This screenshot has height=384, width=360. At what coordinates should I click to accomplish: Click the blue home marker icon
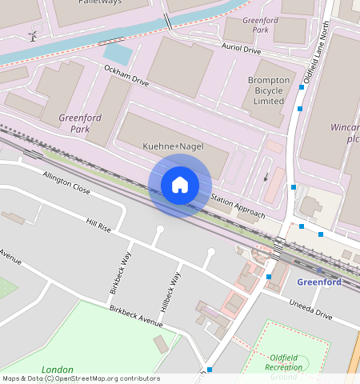tap(180, 185)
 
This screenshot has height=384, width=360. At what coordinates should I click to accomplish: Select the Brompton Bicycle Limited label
tap(268, 91)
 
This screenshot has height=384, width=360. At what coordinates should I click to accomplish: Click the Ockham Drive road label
tap(127, 77)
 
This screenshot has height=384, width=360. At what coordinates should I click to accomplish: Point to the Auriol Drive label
tap(241, 50)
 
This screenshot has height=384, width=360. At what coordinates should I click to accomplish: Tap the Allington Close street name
tap(66, 183)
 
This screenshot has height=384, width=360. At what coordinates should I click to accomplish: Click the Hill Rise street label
tap(98, 229)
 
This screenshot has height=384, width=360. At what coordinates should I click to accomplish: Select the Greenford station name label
tap(319, 282)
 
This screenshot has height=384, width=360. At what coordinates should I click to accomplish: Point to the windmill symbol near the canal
tap(33, 35)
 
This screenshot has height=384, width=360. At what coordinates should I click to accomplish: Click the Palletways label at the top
tap(100, 2)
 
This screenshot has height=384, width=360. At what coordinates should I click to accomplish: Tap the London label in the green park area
tap(57, 370)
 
